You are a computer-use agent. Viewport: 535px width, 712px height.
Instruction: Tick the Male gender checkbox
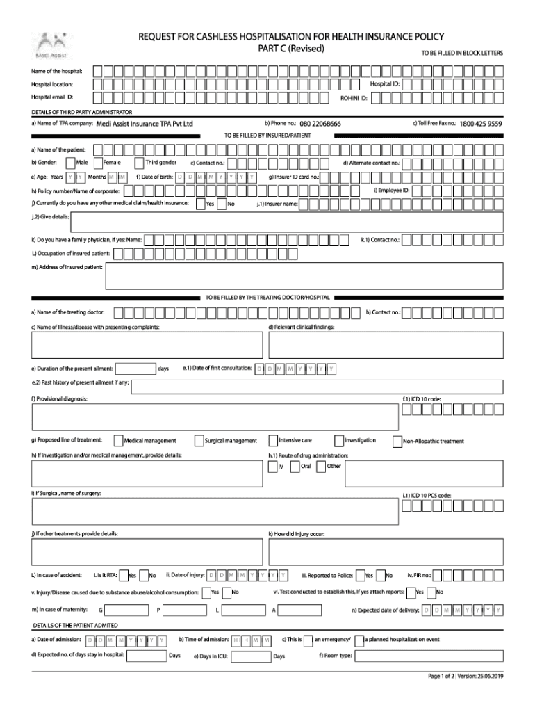[x=69, y=163]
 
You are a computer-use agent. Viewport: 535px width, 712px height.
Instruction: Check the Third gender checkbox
[x=139, y=163]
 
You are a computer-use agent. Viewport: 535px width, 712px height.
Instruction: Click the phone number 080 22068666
[x=320, y=124]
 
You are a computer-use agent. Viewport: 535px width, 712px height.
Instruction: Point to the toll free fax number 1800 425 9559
[x=480, y=124]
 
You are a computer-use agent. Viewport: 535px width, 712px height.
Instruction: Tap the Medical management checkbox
[x=117, y=440]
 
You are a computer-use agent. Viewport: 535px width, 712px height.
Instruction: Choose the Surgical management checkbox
[x=199, y=440]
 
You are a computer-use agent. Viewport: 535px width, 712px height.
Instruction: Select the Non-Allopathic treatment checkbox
[x=397, y=441]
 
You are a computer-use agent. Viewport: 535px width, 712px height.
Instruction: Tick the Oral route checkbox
[x=296, y=467]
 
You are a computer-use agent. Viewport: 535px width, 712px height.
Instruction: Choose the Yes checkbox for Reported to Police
[x=359, y=576]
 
